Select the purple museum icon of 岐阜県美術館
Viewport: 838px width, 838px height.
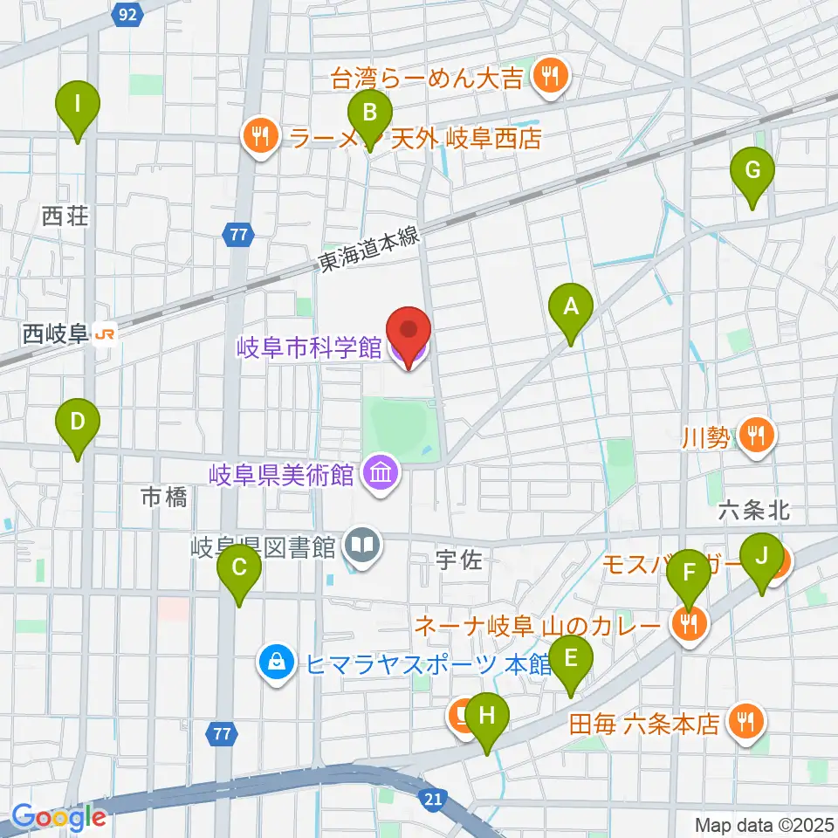point(382,474)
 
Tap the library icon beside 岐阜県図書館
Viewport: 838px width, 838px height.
point(360,546)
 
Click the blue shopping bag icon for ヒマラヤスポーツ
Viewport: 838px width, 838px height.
point(277,663)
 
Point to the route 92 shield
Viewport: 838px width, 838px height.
point(127,13)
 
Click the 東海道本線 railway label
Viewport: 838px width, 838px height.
point(370,248)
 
